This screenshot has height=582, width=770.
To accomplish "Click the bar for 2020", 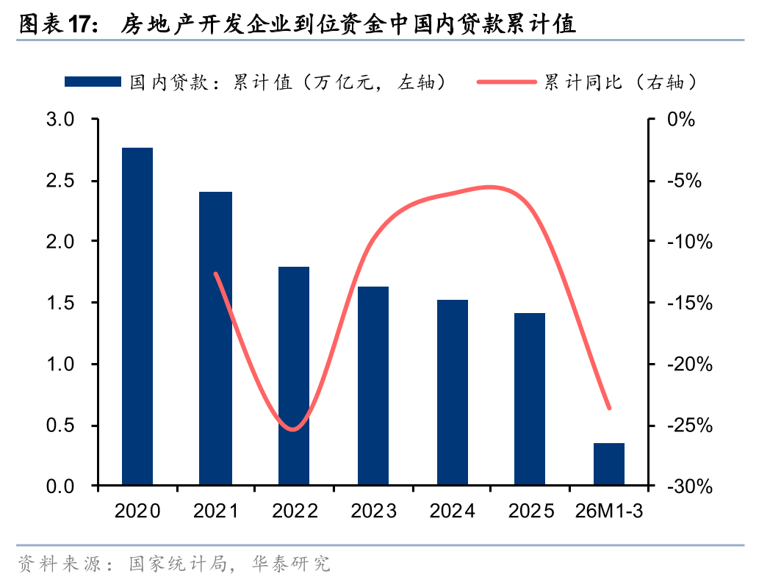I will pos(137,316).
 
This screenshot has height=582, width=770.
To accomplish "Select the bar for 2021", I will pos(216,338).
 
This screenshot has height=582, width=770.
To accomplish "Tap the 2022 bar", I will pos(294,376).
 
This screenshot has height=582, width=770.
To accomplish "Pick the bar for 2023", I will pos(373,386).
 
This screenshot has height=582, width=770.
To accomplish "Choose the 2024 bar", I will pos(452,392).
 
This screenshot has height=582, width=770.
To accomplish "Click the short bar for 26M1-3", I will pos(609,464).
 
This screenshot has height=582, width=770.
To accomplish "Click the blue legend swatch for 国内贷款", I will pos(93,82).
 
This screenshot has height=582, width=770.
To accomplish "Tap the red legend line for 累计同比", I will pos(507,82).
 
